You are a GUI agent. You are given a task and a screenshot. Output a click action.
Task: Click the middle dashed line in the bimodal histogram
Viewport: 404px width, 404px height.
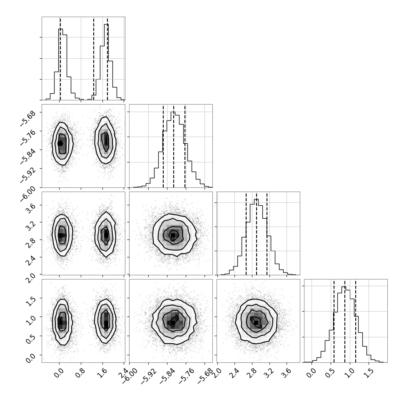(94, 58)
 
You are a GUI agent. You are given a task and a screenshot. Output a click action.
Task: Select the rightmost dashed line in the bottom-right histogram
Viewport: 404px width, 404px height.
(356, 321)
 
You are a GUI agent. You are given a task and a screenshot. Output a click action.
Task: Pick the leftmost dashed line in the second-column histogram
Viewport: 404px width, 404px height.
(163, 146)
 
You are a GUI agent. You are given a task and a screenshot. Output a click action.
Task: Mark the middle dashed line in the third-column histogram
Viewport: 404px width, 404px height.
(257, 233)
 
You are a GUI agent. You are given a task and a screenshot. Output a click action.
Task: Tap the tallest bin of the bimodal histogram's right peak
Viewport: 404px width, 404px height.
(106, 62)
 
